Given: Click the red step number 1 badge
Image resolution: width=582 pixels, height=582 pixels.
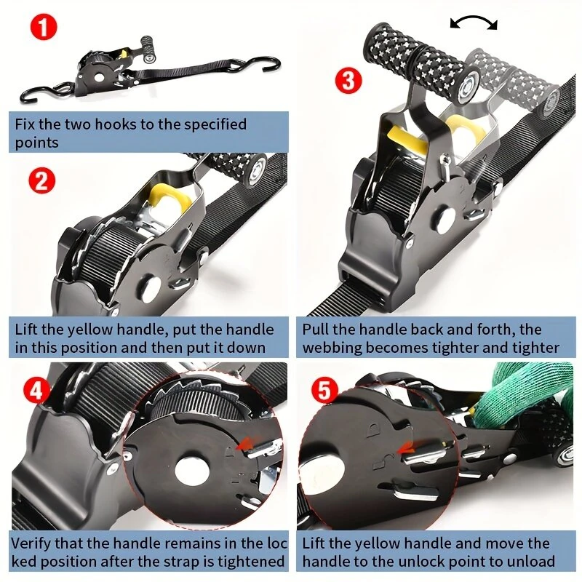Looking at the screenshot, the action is click(44, 27).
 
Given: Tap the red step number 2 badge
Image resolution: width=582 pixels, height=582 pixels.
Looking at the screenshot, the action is click(42, 180).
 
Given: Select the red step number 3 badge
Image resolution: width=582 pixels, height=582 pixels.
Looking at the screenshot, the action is click(348, 81).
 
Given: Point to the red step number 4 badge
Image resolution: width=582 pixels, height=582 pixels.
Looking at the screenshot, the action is click(36, 390).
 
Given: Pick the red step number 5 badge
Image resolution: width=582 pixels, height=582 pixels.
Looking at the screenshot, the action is click(324, 390).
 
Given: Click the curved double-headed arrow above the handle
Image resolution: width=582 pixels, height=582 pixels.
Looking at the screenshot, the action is click(474, 22).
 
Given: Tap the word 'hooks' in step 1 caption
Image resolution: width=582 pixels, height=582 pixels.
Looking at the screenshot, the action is click(119, 124).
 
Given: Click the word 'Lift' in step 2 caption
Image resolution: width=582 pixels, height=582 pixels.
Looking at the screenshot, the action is click(26, 330).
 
